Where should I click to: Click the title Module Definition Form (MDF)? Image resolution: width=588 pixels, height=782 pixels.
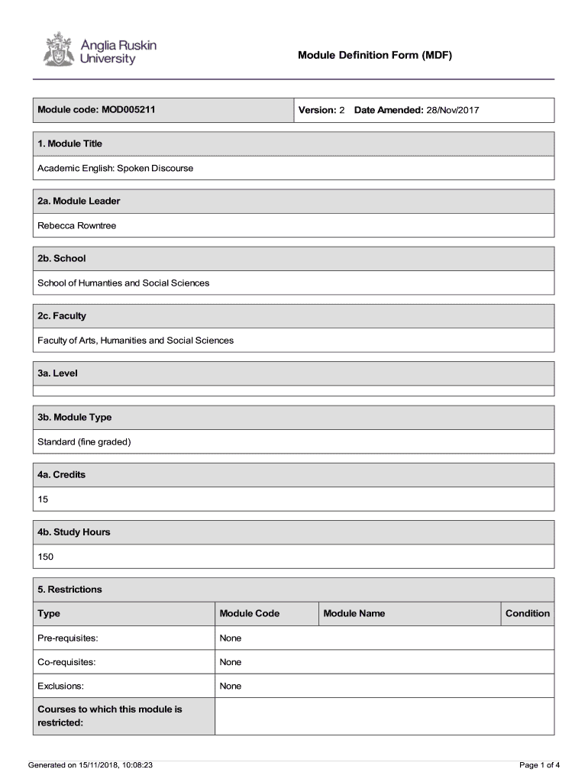[x=375, y=56]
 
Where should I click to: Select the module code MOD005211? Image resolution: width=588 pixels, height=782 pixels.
[x=128, y=110]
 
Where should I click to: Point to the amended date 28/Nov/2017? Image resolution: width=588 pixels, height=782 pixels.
[x=452, y=110]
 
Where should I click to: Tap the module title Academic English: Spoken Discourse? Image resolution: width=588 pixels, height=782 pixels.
[x=115, y=168]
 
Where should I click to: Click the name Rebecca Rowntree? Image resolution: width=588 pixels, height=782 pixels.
[x=77, y=225]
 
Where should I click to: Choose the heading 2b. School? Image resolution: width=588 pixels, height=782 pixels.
[x=62, y=258]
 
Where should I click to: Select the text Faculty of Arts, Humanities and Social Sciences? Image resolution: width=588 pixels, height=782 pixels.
[x=136, y=340]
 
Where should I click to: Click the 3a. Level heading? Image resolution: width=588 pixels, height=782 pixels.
[x=58, y=373]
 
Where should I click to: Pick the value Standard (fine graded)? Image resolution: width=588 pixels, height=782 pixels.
[x=84, y=441]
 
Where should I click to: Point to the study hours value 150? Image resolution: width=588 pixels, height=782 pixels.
[x=46, y=557]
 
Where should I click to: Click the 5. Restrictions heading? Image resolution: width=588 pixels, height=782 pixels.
[x=70, y=590]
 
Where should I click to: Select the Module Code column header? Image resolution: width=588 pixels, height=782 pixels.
[x=250, y=613]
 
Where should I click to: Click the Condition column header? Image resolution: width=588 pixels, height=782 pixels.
[x=527, y=613]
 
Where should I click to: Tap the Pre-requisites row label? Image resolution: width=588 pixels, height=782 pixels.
[x=68, y=638]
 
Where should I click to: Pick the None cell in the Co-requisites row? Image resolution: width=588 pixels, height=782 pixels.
[x=231, y=662]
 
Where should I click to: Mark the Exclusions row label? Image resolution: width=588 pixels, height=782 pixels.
[x=61, y=686]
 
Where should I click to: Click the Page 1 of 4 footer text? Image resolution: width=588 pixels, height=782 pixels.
[x=539, y=764]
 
